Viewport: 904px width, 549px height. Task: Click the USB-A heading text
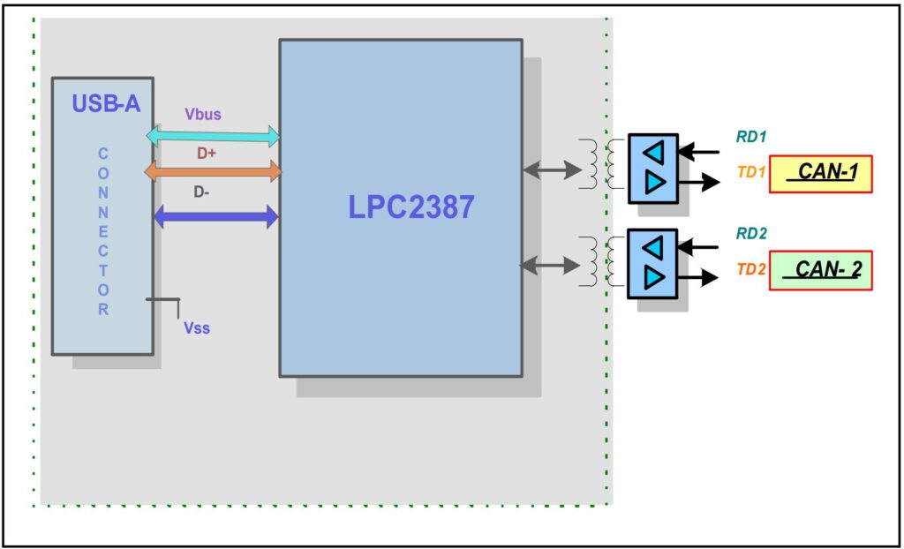point(105,103)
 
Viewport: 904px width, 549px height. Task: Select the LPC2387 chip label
point(411,206)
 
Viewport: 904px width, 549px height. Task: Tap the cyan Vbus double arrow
point(213,136)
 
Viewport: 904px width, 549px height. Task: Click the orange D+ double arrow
point(213,170)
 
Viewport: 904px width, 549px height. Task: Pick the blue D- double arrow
point(215,216)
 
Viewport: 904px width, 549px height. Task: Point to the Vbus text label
point(203,114)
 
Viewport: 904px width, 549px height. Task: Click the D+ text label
point(207,153)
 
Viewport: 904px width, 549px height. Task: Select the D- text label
point(203,191)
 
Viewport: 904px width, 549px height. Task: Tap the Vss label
point(197,328)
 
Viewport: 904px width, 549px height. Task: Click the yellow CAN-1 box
point(820,174)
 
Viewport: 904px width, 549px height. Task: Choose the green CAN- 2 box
point(820,270)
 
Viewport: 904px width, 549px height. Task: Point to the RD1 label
point(751,137)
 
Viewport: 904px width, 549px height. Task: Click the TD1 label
point(751,173)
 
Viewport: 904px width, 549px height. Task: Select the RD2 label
point(751,234)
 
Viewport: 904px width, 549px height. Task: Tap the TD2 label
point(751,270)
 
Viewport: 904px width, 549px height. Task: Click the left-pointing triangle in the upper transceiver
point(652,153)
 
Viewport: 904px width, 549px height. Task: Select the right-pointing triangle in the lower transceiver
point(653,278)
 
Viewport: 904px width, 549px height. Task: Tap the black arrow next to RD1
point(698,153)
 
